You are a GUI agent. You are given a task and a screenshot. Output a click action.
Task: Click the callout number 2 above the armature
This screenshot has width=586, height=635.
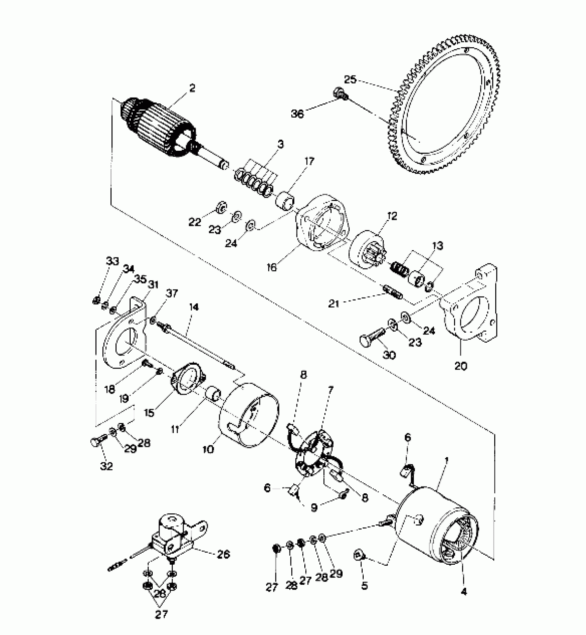(192, 88)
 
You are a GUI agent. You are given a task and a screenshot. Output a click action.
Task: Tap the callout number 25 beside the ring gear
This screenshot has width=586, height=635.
(350, 80)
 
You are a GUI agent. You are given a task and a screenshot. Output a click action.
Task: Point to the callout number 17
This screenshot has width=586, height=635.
(309, 161)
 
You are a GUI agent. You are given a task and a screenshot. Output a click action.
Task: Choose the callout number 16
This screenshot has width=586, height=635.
(272, 267)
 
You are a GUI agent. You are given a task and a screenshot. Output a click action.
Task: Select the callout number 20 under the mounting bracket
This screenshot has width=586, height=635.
(461, 365)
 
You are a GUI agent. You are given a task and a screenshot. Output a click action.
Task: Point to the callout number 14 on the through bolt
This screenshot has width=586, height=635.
(194, 307)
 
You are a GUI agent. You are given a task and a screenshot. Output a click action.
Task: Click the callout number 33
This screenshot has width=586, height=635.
(112, 261)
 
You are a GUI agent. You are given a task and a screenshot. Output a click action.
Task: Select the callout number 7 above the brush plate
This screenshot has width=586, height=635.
(331, 390)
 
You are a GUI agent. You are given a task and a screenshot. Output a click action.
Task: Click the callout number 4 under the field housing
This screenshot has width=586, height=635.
(464, 591)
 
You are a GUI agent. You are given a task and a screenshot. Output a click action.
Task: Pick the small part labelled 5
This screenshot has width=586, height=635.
(358, 555)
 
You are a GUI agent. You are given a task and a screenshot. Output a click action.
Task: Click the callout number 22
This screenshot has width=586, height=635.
(195, 222)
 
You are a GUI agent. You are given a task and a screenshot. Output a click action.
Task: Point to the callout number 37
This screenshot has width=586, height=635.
(172, 293)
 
